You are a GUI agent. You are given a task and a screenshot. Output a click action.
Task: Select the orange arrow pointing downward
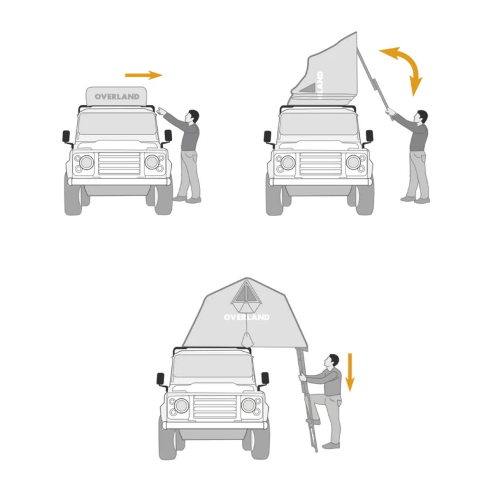[x=350, y=372]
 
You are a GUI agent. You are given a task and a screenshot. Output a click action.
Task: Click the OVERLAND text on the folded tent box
[x=117, y=96]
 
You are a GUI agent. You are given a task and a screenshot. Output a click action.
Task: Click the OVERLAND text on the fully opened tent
[x=246, y=317]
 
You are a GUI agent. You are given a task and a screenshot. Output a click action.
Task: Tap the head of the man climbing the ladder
[x=333, y=360]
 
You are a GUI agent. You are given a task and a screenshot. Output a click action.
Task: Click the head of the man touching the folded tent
[x=193, y=116]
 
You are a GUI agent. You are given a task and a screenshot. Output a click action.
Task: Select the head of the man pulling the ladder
[x=421, y=117]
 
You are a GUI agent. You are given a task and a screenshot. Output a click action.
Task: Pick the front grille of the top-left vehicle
[x=119, y=163]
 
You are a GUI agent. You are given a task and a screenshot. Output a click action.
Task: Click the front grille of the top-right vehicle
[x=320, y=163]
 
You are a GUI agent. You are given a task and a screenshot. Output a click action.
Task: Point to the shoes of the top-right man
[x=415, y=199]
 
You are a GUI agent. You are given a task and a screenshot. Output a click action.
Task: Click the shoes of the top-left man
[x=187, y=199]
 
